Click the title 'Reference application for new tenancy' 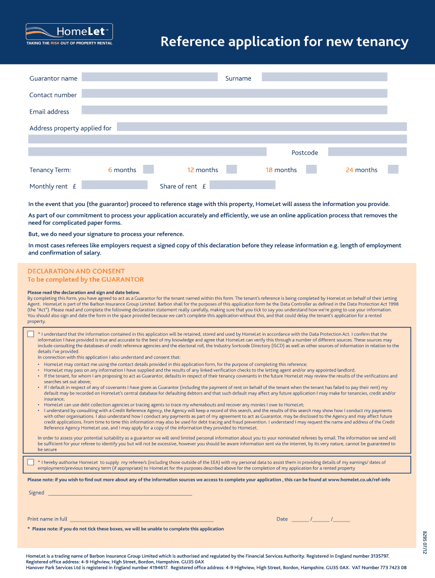[284, 42]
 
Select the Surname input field [324, 77]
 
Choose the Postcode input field [367, 152]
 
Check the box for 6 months [149, 169]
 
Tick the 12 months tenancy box [230, 169]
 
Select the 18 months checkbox [311, 169]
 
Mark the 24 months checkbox [393, 169]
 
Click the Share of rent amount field [243, 185]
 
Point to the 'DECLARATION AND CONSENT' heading [76, 271]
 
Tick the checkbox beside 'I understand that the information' [31, 334]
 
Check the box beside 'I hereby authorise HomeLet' [31, 462]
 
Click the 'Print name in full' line [141, 519]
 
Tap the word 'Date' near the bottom [282, 519]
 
